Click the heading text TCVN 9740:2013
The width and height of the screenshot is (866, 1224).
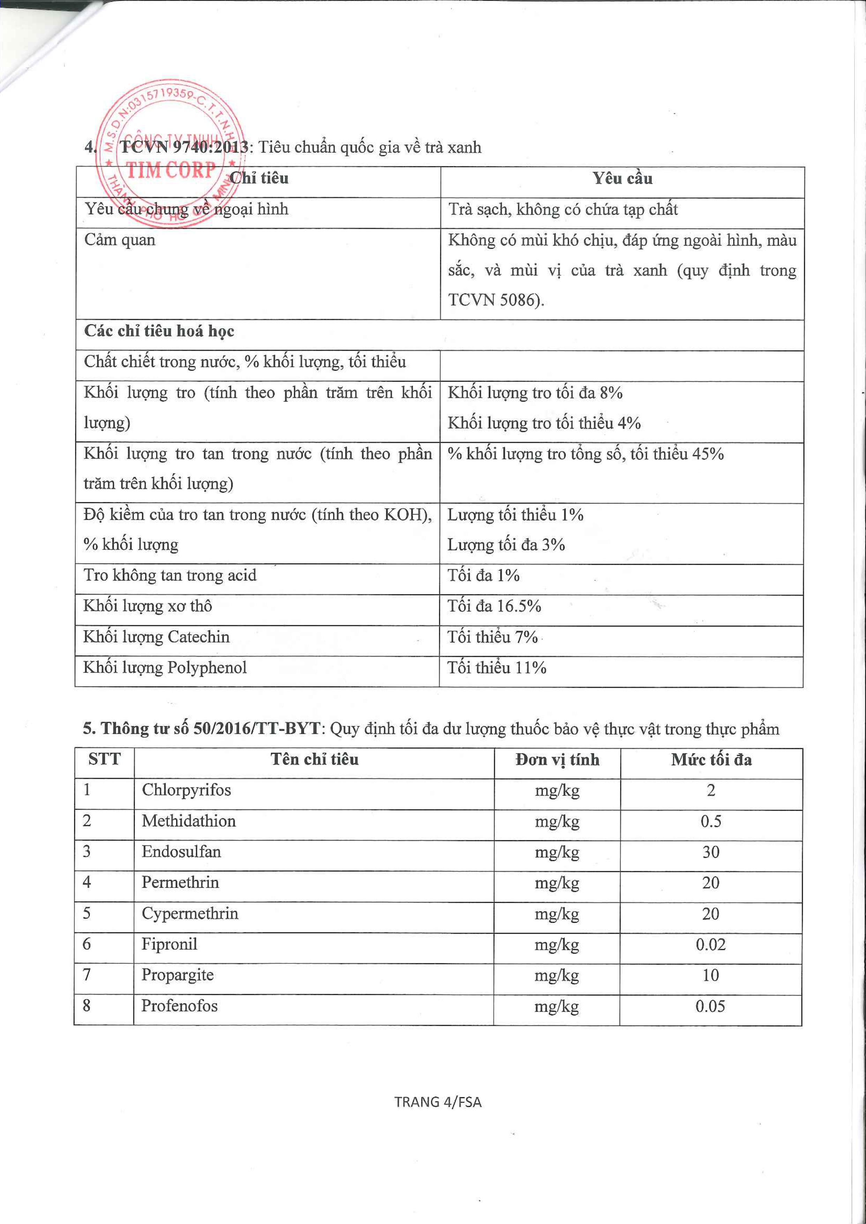click(x=184, y=147)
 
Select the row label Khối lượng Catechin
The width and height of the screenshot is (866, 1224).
click(x=156, y=637)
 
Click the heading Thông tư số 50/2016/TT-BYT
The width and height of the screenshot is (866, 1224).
click(x=211, y=728)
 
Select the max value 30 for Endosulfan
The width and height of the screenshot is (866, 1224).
click(x=710, y=852)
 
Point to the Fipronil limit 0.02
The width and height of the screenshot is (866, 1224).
click(x=710, y=945)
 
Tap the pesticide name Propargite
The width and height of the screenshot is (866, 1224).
click(x=177, y=975)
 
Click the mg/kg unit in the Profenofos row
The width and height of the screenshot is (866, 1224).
click(x=557, y=1006)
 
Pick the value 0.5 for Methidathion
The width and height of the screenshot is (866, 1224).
click(x=710, y=821)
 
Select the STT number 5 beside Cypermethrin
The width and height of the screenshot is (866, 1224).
click(x=87, y=913)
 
